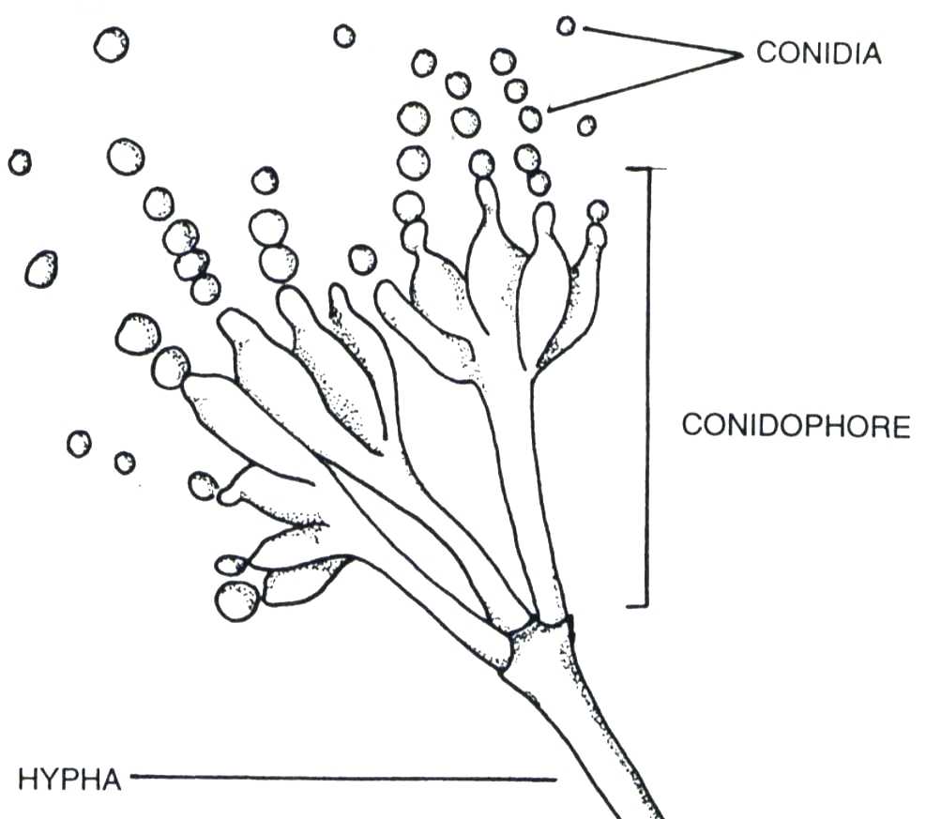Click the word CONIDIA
(x=818, y=53)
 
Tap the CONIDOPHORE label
(x=796, y=426)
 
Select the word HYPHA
(x=69, y=779)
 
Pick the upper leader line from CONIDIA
(x=657, y=41)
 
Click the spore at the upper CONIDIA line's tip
(x=566, y=25)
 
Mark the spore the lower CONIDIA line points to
(x=531, y=118)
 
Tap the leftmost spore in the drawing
(x=20, y=162)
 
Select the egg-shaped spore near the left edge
(x=40, y=269)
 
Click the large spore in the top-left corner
(x=111, y=44)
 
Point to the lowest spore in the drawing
(x=236, y=600)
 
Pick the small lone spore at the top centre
(x=344, y=36)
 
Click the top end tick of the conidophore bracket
(x=646, y=169)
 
